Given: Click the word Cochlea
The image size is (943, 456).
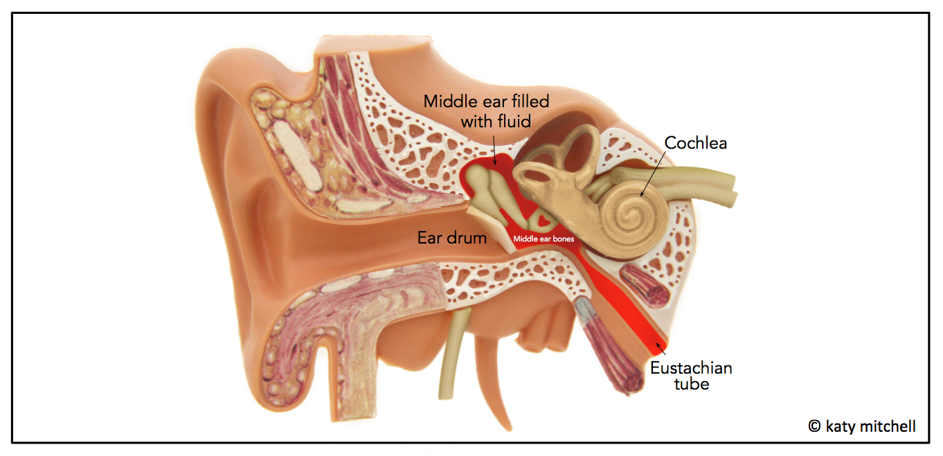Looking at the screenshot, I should [x=695, y=143].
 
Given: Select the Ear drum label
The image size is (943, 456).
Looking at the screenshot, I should [x=452, y=238].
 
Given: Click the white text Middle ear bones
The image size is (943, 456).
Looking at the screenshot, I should [x=543, y=239].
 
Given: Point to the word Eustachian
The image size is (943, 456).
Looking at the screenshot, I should [x=690, y=367].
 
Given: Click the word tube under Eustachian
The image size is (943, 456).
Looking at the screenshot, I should [x=691, y=384].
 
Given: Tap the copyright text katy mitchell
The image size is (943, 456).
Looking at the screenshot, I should [x=870, y=426].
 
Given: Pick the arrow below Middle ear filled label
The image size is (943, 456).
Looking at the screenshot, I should [x=495, y=149].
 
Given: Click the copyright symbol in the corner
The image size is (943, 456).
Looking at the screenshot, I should [x=814, y=426].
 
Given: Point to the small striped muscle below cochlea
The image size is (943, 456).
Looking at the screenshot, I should [x=645, y=284].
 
